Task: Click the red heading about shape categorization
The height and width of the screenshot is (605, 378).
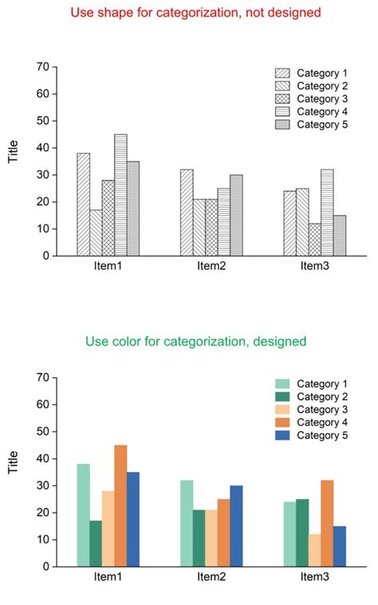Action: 195,13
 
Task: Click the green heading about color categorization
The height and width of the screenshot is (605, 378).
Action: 195,342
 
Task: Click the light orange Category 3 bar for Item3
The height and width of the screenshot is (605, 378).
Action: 315,550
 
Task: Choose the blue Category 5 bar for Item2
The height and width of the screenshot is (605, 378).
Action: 236,525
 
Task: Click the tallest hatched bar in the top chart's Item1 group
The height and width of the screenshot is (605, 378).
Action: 120,195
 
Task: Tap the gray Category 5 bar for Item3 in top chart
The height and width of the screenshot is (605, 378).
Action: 340,236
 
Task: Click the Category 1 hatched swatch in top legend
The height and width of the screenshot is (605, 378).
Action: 283,73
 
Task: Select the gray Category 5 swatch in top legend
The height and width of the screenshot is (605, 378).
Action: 283,125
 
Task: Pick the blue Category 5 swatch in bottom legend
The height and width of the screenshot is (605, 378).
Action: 283,435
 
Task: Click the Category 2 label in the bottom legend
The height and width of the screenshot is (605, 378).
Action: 322,396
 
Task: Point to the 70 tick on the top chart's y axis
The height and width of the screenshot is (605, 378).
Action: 42,67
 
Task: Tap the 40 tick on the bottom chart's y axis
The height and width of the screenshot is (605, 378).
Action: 42,459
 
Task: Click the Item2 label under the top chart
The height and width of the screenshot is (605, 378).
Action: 211,266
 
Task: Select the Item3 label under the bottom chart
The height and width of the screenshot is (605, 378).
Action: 314,576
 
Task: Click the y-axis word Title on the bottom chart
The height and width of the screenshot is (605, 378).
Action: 14,463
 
